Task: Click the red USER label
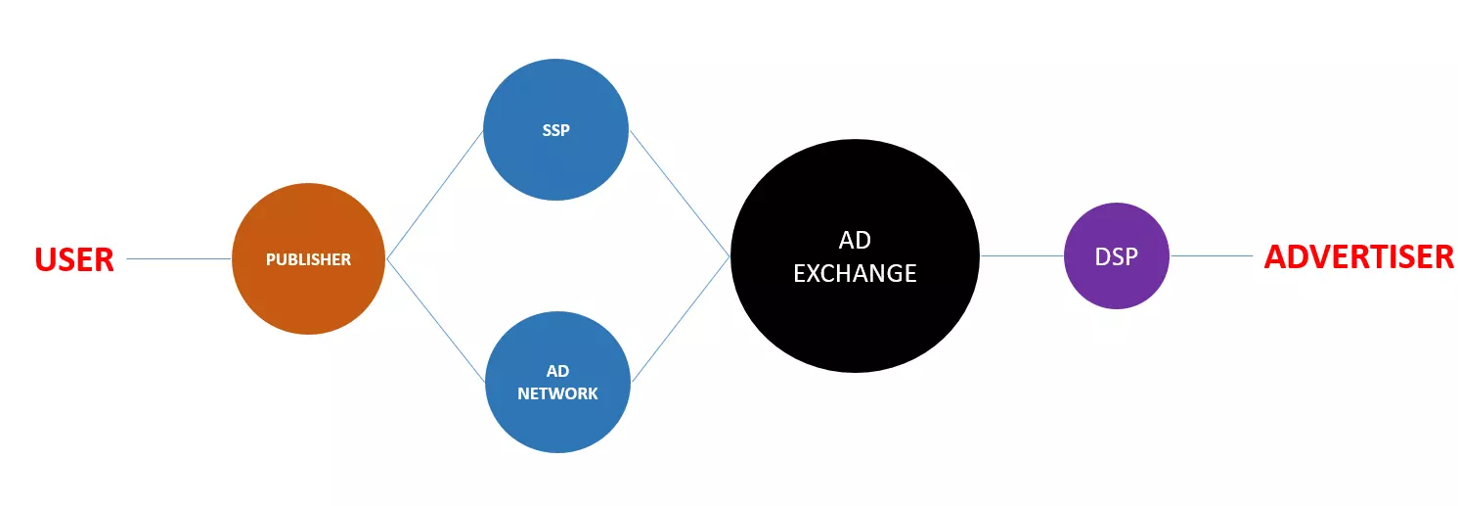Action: pyautogui.click(x=74, y=259)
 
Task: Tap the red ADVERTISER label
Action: pyautogui.click(x=1358, y=256)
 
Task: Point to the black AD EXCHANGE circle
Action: pyautogui.click(x=855, y=323)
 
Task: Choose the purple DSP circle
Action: pyautogui.click(x=1116, y=284)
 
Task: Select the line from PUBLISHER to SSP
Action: pyautogui.click(x=435, y=195)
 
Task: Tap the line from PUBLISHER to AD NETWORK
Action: pyautogui.click(x=436, y=320)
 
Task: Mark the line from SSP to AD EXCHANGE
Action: pyautogui.click(x=680, y=193)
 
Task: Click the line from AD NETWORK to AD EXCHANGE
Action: pyautogui.click(x=682, y=319)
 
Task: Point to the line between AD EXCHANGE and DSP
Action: pyautogui.click(x=1022, y=256)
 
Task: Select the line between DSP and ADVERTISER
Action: pyautogui.click(x=1211, y=256)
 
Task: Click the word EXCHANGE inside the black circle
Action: pyautogui.click(x=855, y=273)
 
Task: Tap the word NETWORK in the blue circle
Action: pyautogui.click(x=557, y=393)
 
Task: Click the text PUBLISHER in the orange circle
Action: pyautogui.click(x=308, y=259)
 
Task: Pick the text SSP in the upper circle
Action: pyautogui.click(x=555, y=130)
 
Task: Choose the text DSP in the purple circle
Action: pyautogui.click(x=1116, y=256)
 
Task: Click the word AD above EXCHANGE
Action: pyautogui.click(x=855, y=241)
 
